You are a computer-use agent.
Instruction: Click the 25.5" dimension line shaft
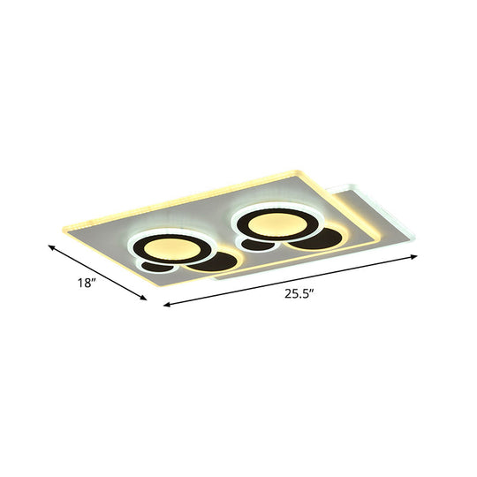point(291,282)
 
